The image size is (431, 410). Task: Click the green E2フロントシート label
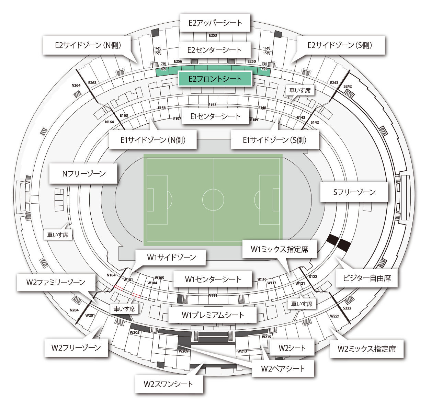click(215, 79)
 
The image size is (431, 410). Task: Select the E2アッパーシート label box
click(215, 23)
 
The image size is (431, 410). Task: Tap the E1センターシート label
click(215, 116)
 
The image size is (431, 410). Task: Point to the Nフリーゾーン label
click(84, 173)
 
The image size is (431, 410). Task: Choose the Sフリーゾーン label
click(354, 192)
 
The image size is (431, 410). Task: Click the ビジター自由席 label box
click(367, 278)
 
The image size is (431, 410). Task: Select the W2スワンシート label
click(168, 384)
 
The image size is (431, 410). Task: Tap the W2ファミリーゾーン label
click(56, 282)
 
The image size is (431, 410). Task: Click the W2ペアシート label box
click(283, 369)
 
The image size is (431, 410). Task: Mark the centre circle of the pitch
click(213, 200)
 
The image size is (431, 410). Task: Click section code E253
click(213, 35)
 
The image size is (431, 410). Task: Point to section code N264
click(76, 86)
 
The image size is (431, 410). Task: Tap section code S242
click(348, 87)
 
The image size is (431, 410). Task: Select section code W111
click(212, 295)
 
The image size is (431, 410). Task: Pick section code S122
click(313, 276)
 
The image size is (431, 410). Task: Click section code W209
click(184, 351)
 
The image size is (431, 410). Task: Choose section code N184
click(111, 275)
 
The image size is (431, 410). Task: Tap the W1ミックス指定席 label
click(280, 249)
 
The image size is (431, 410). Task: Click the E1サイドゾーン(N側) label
click(153, 140)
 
